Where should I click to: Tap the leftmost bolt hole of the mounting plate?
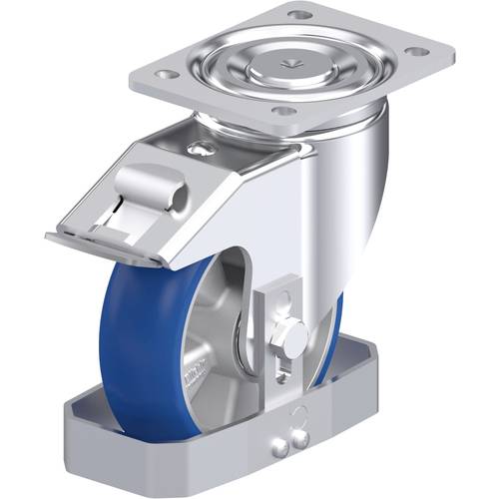click(167, 75)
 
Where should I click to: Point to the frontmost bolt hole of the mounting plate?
click(284, 111)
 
